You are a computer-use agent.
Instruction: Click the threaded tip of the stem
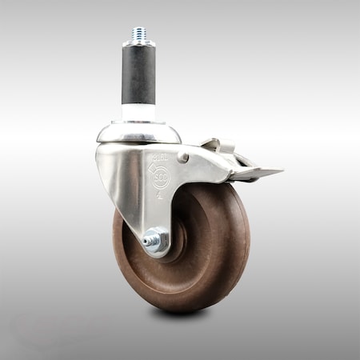[139, 34]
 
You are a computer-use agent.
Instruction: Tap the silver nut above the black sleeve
[139, 44]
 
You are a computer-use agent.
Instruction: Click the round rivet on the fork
[183, 158]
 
